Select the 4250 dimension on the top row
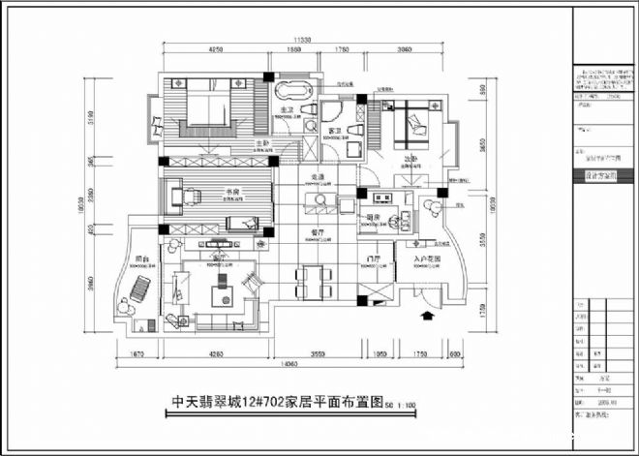point(215,48)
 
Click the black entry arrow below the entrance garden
point(427,315)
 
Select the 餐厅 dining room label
point(317,232)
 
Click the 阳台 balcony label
point(141,258)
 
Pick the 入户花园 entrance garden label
point(427,259)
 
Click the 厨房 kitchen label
point(374,217)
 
